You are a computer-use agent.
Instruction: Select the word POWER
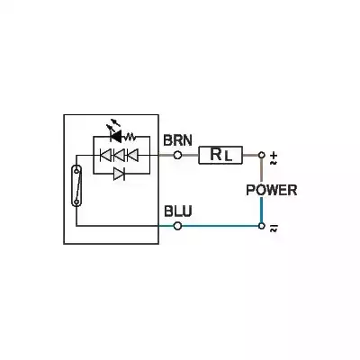point(271,191)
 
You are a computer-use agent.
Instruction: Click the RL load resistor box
point(220,155)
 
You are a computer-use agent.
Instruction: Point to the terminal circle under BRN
point(177,155)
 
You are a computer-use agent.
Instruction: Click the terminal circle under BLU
point(177,225)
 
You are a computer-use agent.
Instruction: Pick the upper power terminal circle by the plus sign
point(261,155)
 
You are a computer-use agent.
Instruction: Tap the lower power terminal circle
point(261,225)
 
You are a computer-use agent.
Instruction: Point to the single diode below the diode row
point(119,174)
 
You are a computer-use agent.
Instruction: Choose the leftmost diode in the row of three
point(104,155)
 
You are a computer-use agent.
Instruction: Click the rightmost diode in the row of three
point(133,155)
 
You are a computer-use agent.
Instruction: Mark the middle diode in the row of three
point(119,155)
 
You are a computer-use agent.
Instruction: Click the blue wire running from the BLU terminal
point(220,225)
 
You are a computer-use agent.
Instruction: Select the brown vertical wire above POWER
point(261,169)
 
